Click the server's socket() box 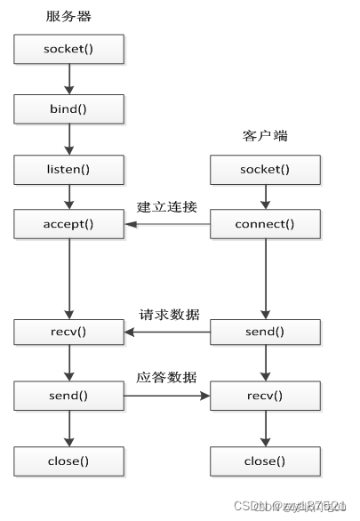(68, 50)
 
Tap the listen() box (68, 168)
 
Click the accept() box (68, 224)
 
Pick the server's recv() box (68, 333)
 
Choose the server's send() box (68, 393)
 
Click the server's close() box (68, 461)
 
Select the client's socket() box (265, 169)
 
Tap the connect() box (265, 224)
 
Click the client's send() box (265, 333)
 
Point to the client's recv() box (265, 393)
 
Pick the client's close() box (265, 461)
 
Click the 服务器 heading (68, 17)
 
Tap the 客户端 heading (265, 136)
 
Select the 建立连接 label (167, 207)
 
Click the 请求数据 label (169, 315)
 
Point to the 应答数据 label (167, 375)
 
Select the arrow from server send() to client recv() (167, 393)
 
